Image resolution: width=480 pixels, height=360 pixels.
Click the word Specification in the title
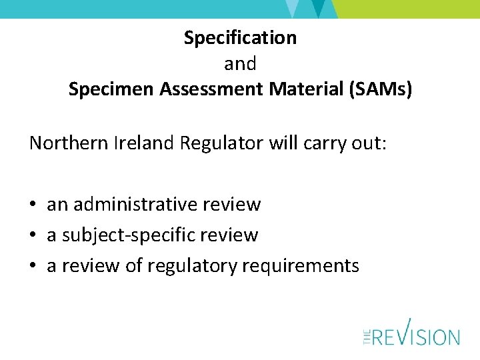click(x=240, y=38)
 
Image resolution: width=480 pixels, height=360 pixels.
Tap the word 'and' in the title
click(x=240, y=64)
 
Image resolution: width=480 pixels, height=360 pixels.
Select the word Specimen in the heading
click(x=111, y=90)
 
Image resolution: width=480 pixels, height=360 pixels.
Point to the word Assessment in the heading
click(x=211, y=90)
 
